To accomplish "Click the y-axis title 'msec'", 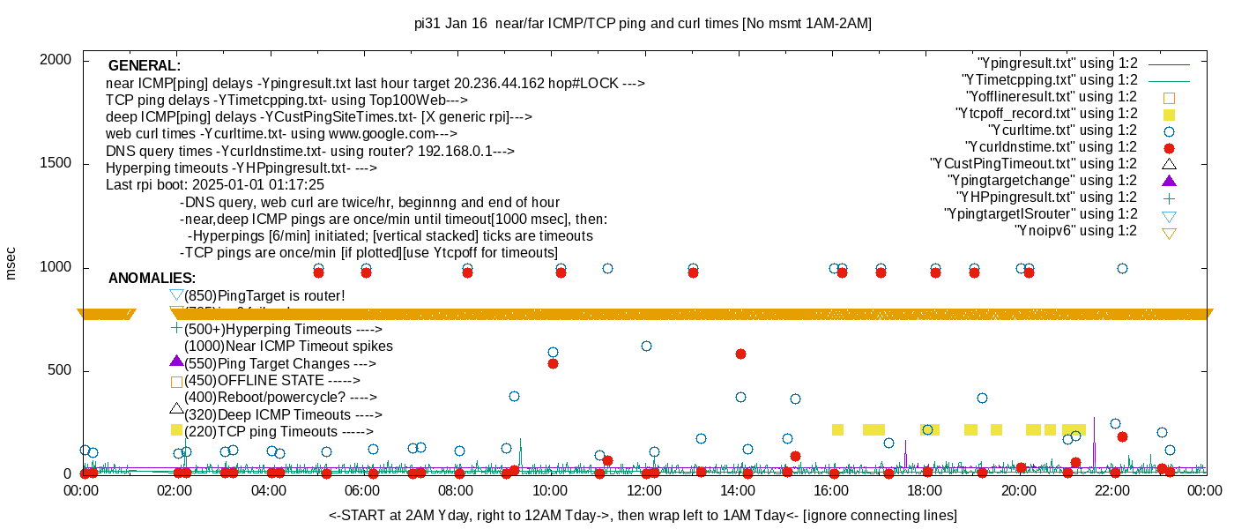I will tap(11, 263).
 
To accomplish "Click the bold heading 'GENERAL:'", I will tap(145, 66).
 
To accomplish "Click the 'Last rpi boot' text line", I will tap(215, 185).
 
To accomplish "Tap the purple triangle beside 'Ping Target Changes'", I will tap(176, 361).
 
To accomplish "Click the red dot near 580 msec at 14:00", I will tap(740, 354).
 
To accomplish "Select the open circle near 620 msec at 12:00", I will tap(646, 346).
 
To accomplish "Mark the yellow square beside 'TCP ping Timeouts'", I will tap(176, 430).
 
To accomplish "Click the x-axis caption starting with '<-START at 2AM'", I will tap(643, 515).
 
